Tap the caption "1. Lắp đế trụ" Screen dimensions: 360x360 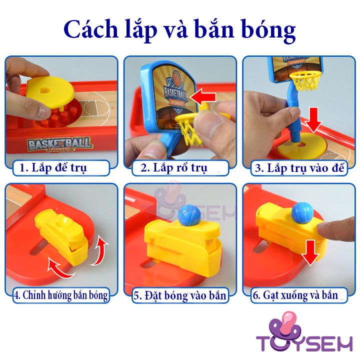point(53,167)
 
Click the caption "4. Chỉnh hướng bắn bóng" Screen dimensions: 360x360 point(60,295)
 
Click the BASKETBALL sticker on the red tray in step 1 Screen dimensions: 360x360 point(61,144)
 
